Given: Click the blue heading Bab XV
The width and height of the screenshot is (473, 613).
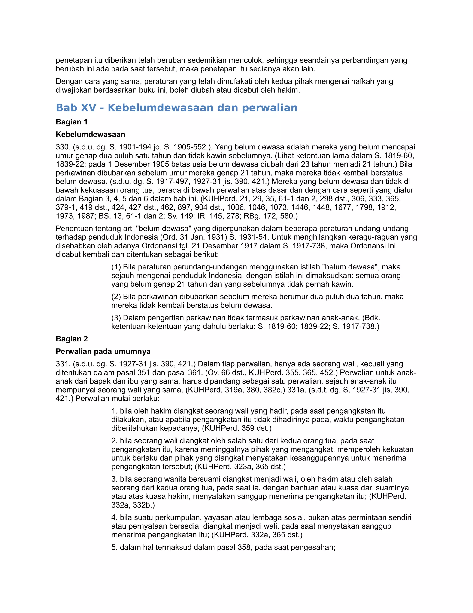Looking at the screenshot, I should coord(176,108).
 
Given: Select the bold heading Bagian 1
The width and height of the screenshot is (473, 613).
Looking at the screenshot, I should coord(72,122).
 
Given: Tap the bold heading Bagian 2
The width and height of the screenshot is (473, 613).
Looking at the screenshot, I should coord(72,339).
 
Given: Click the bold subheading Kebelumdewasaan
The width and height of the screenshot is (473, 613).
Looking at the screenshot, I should coord(90,134).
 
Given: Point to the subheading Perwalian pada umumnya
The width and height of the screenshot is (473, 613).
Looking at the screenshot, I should coord(103,351).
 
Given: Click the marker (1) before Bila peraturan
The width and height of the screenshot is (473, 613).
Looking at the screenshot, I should coord(116,267).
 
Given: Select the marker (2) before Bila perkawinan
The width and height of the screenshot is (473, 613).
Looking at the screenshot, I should coord(116,297).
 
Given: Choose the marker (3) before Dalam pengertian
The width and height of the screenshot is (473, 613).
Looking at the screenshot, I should coord(116,318).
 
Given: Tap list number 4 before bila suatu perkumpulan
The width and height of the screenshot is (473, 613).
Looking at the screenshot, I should coord(114,517).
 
